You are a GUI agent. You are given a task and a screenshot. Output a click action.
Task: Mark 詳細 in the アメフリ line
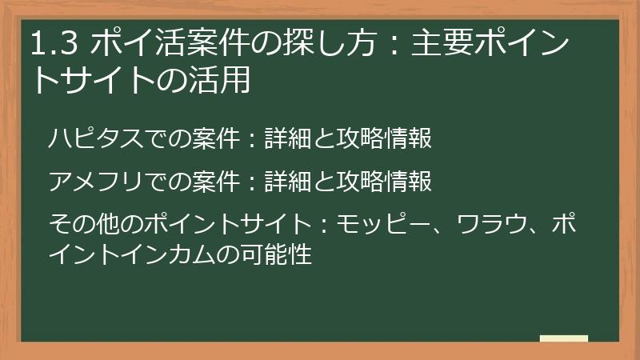pyautogui.click(x=286, y=182)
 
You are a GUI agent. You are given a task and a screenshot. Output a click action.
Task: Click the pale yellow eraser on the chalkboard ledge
pyautogui.click(x=564, y=338)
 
